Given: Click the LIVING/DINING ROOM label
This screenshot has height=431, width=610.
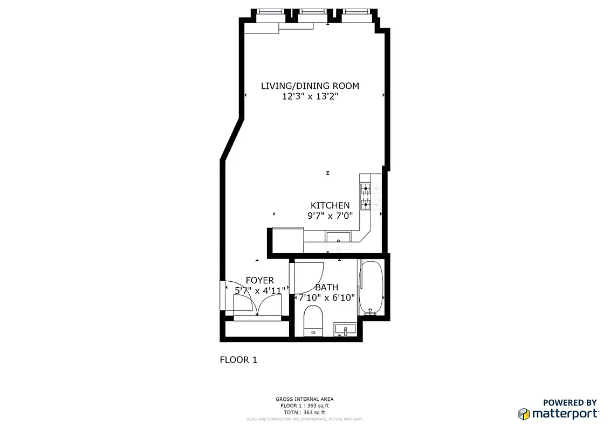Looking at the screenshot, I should coord(310,86).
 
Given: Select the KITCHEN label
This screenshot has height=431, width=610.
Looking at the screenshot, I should coord(330,205).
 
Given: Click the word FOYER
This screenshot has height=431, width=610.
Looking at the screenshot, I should coord(259,281).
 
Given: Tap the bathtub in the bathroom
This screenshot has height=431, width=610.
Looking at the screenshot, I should coord(372,288).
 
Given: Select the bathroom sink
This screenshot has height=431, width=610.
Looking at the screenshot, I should coord(345,329).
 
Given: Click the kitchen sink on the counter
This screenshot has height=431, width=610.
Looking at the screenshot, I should coord(338,237).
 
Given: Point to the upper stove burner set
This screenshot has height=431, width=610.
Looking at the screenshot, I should coord(366,189).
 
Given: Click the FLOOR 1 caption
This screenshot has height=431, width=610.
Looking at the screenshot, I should coord(238,360).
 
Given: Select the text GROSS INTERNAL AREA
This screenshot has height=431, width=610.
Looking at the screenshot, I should coord(305,399).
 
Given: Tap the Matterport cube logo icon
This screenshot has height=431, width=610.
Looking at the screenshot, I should coord(524,414).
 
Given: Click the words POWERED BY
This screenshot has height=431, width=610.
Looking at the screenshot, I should coord(570,402).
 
